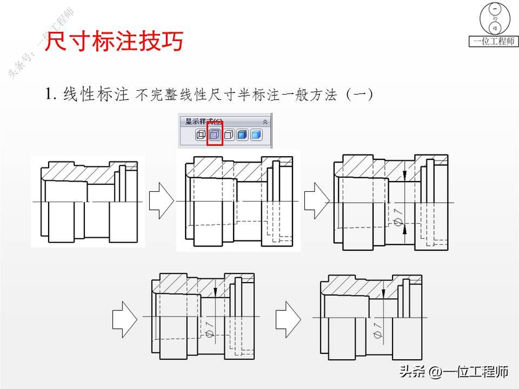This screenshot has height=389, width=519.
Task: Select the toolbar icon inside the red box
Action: (x=215, y=135)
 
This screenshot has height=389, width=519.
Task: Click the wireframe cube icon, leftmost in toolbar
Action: (x=200, y=135)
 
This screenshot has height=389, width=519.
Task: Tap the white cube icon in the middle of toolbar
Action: (x=228, y=135)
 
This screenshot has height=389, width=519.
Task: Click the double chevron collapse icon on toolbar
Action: (x=265, y=121)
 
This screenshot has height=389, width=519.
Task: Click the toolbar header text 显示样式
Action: (x=203, y=121)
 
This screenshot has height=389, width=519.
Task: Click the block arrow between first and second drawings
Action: (x=162, y=201)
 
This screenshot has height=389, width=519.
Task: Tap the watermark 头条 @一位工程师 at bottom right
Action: (x=453, y=372)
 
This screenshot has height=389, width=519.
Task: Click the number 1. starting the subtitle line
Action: (x=51, y=95)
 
